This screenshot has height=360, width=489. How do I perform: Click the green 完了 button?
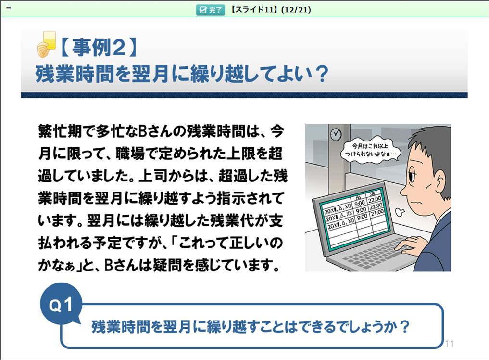[x=210, y=10]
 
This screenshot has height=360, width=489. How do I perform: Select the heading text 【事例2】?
[x=98, y=48]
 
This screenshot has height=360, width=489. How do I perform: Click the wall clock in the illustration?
[x=336, y=134]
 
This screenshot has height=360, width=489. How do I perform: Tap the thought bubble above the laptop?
[x=370, y=149]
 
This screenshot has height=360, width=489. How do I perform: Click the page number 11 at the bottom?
[x=449, y=344]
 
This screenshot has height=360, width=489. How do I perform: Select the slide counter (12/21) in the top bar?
[x=296, y=10]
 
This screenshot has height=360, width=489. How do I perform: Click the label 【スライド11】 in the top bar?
[x=254, y=10]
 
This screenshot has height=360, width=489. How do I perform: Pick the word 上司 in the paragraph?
[x=152, y=176]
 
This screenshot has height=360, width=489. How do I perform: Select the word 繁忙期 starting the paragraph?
[x=60, y=131]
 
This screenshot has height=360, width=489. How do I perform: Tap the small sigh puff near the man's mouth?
[x=400, y=212]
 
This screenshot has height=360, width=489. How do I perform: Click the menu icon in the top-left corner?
[x=9, y=8]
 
